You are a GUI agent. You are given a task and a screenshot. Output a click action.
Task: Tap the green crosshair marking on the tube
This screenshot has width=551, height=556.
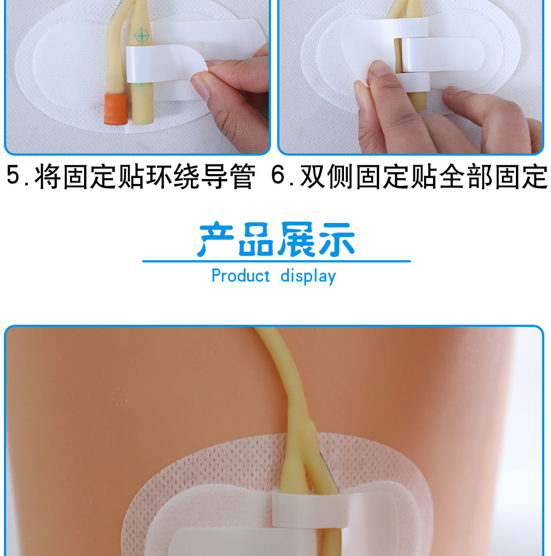[142, 36]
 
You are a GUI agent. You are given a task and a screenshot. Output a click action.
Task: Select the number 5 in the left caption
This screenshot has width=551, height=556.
[14, 177]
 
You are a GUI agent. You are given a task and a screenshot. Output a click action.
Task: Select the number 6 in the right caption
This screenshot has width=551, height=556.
[279, 177]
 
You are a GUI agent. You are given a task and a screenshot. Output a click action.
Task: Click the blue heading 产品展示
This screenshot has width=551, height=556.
[277, 240]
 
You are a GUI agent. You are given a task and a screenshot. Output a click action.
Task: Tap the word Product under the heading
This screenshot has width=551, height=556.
[240, 276]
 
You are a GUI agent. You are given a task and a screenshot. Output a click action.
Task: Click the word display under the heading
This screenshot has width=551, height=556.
[308, 276]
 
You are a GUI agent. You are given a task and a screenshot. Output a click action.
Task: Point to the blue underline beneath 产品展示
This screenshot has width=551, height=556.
[277, 261]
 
